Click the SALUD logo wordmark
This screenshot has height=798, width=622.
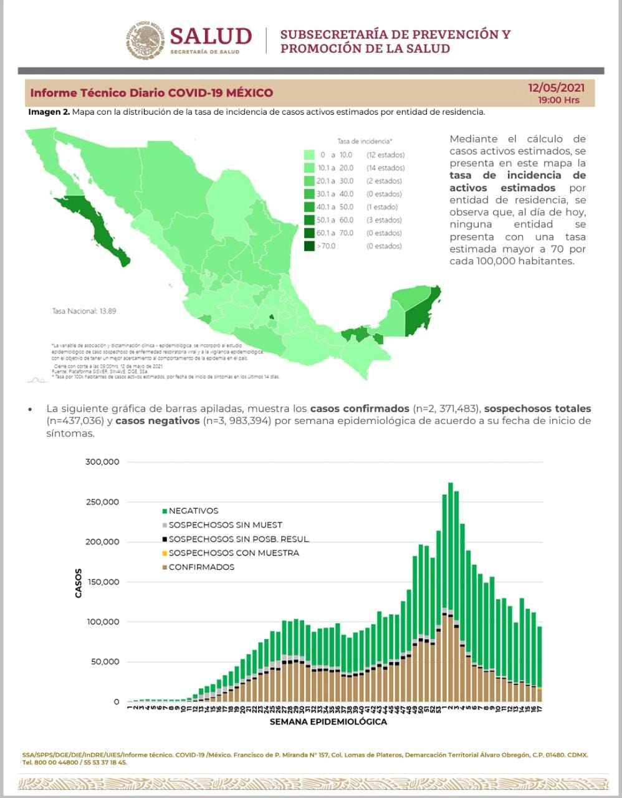click(211, 36)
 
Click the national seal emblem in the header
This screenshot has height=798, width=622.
click(146, 41)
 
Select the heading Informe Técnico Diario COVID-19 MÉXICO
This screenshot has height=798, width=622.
click(151, 93)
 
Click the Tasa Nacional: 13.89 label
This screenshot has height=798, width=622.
click(84, 310)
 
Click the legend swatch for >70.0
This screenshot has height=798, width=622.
click(309, 246)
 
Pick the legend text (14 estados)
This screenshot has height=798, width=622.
click(385, 168)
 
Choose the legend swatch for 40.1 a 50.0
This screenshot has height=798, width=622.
click(309, 207)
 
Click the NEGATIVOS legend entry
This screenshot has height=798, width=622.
click(193, 511)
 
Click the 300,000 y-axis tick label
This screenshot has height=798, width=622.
click(102, 462)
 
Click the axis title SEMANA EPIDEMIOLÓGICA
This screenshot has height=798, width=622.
click(328, 722)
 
